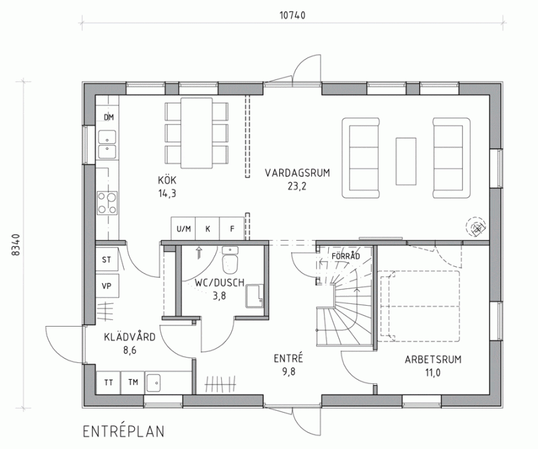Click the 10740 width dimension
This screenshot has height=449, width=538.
pyautogui.click(x=293, y=15)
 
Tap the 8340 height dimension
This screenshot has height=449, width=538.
pyautogui.click(x=15, y=245)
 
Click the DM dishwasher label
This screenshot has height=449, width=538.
pyautogui.click(x=109, y=118)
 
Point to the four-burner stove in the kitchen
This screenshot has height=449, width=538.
pyautogui.click(x=107, y=203)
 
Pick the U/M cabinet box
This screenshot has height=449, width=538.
pyautogui.click(x=183, y=229)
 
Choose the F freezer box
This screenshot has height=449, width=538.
pyautogui.click(x=232, y=229)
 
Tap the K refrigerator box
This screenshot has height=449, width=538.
pyautogui.click(x=208, y=229)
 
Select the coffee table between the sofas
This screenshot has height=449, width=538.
pyautogui.click(x=406, y=161)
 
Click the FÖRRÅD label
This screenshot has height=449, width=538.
pyautogui.click(x=346, y=256)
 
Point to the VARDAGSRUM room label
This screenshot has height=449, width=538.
pyautogui.click(x=297, y=173)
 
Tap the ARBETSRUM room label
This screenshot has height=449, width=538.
pyautogui.click(x=433, y=360)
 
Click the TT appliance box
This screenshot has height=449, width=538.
pyautogui.click(x=109, y=382)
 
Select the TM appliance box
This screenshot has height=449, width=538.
pyautogui.click(x=133, y=382)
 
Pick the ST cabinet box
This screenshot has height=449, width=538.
pyautogui.click(x=107, y=259)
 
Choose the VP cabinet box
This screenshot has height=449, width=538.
pyautogui.click(x=107, y=286)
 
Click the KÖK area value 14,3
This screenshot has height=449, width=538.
pyautogui.click(x=167, y=194)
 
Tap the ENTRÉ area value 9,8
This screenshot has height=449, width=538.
pyautogui.click(x=289, y=372)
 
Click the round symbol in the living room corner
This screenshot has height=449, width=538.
pyautogui.click(x=476, y=227)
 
